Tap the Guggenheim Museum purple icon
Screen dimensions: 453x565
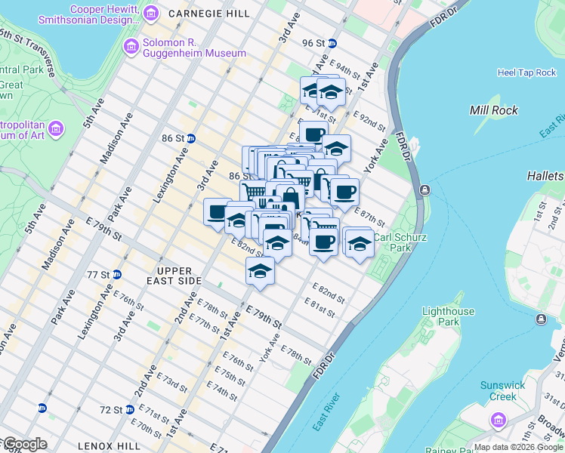pyautogui.click(x=132, y=48)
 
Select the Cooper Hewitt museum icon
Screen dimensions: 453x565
pyautogui.click(x=151, y=13)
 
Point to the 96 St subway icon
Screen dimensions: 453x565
pyautogui.click(x=332, y=43)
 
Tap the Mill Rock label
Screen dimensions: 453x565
pyautogui.click(x=493, y=110)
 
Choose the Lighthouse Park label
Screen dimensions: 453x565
pyautogui.click(x=448, y=316)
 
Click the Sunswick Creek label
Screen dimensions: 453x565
pyautogui.click(x=502, y=390)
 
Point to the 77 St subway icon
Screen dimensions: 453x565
pyautogui.click(x=116, y=274)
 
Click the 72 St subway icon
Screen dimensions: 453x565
pyautogui.click(x=42, y=408)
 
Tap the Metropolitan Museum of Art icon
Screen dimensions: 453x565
pyautogui.click(x=55, y=129)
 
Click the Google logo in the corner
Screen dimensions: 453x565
pyautogui.click(x=24, y=444)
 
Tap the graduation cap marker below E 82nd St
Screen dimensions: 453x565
pyautogui.click(x=260, y=270)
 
